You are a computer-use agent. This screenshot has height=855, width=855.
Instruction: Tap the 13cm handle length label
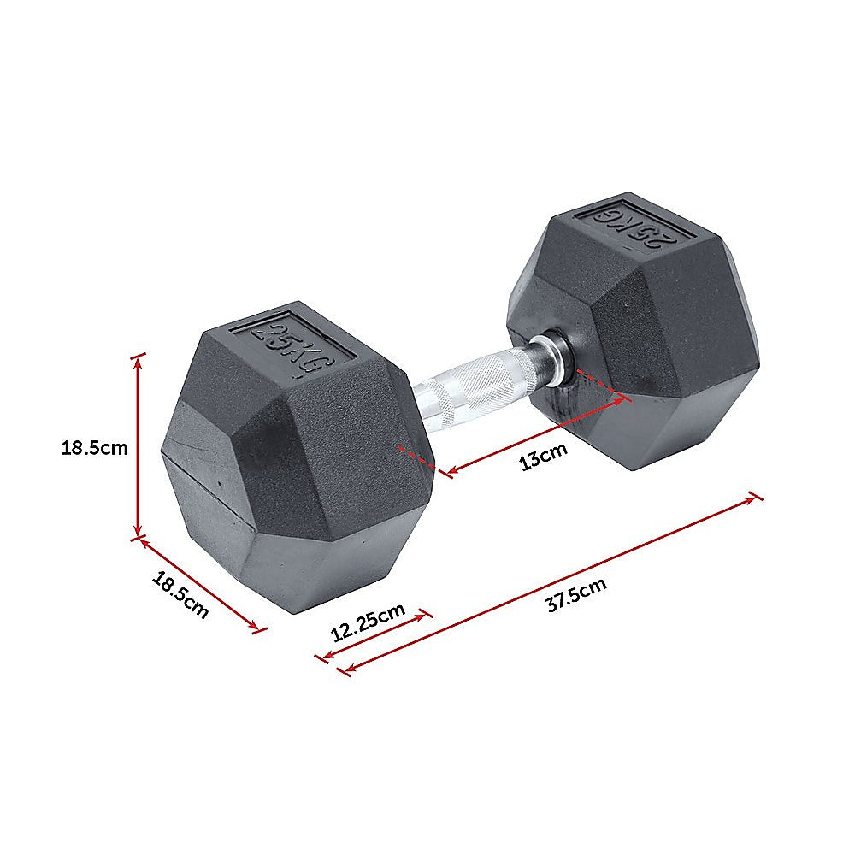pos(544,457)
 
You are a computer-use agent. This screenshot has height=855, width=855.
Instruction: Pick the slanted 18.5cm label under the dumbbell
pos(180,595)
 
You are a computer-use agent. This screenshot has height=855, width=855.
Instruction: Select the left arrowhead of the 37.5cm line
pos(345,669)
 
